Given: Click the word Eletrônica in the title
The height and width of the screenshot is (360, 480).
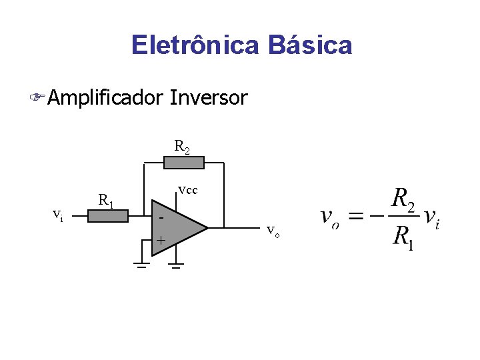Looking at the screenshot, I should click(x=196, y=45).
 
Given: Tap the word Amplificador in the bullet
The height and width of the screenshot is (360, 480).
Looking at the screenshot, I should click(x=105, y=99).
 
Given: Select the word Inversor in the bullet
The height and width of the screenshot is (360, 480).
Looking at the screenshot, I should click(x=209, y=99).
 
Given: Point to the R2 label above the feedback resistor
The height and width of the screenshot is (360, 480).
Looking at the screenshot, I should click(x=182, y=146).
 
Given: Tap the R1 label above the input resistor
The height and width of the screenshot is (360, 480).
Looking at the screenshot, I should click(x=106, y=199).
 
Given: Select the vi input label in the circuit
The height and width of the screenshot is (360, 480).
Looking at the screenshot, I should click(x=59, y=215).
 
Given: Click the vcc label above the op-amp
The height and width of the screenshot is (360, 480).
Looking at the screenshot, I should click(x=187, y=191).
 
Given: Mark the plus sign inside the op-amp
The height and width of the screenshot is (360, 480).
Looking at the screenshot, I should click(x=160, y=240).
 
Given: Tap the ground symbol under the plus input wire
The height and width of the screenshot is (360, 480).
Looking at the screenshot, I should click(x=141, y=265).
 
